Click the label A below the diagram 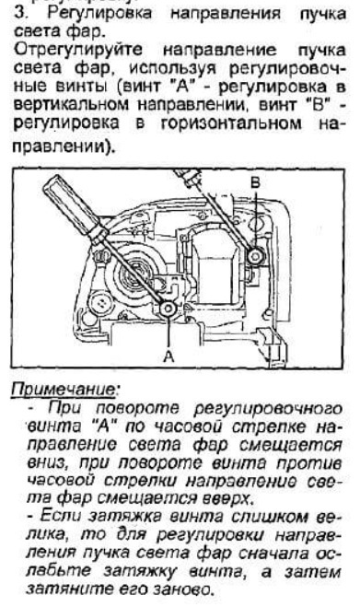coord(168,356)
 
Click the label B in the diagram coord(255,182)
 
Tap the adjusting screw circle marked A coord(168,309)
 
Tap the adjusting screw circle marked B coord(255,255)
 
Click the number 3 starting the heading coord(19,13)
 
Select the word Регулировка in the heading coord(99,14)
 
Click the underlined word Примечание coord(64,390)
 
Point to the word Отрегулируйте coord(78,51)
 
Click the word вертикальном coord(71,104)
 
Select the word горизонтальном coord(231,123)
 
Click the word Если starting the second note coord(61,517)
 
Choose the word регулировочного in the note coord(268,409)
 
